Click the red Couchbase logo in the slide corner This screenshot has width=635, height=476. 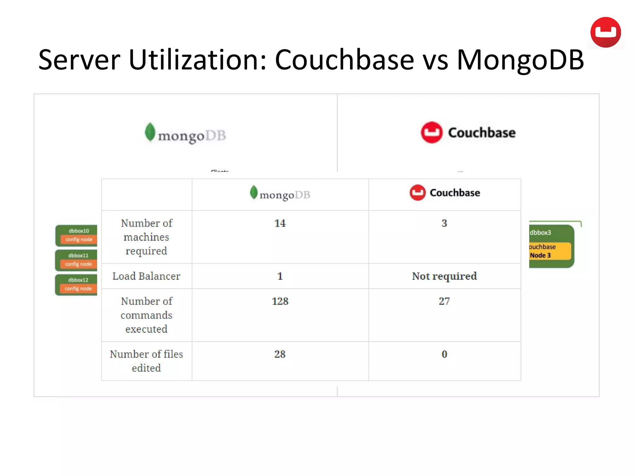(605, 32)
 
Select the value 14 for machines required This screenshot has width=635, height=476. (280, 223)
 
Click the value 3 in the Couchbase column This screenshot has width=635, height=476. (444, 223)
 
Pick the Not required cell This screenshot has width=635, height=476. (444, 276)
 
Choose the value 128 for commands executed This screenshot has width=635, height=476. (280, 301)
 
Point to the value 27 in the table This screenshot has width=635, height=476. (444, 301)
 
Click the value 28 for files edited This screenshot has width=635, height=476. (280, 354)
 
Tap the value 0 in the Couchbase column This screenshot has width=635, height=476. (444, 354)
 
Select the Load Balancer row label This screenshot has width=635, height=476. (146, 276)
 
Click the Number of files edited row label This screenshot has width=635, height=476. (146, 361)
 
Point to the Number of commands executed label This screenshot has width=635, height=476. (146, 315)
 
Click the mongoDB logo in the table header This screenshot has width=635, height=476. (280, 194)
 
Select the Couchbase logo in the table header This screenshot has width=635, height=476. (445, 193)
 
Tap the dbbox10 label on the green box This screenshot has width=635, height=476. (79, 231)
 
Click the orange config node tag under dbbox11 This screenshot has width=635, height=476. (78, 264)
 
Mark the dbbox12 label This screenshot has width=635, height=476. (78, 280)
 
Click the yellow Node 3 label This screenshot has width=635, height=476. (540, 255)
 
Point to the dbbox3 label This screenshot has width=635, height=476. (540, 232)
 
